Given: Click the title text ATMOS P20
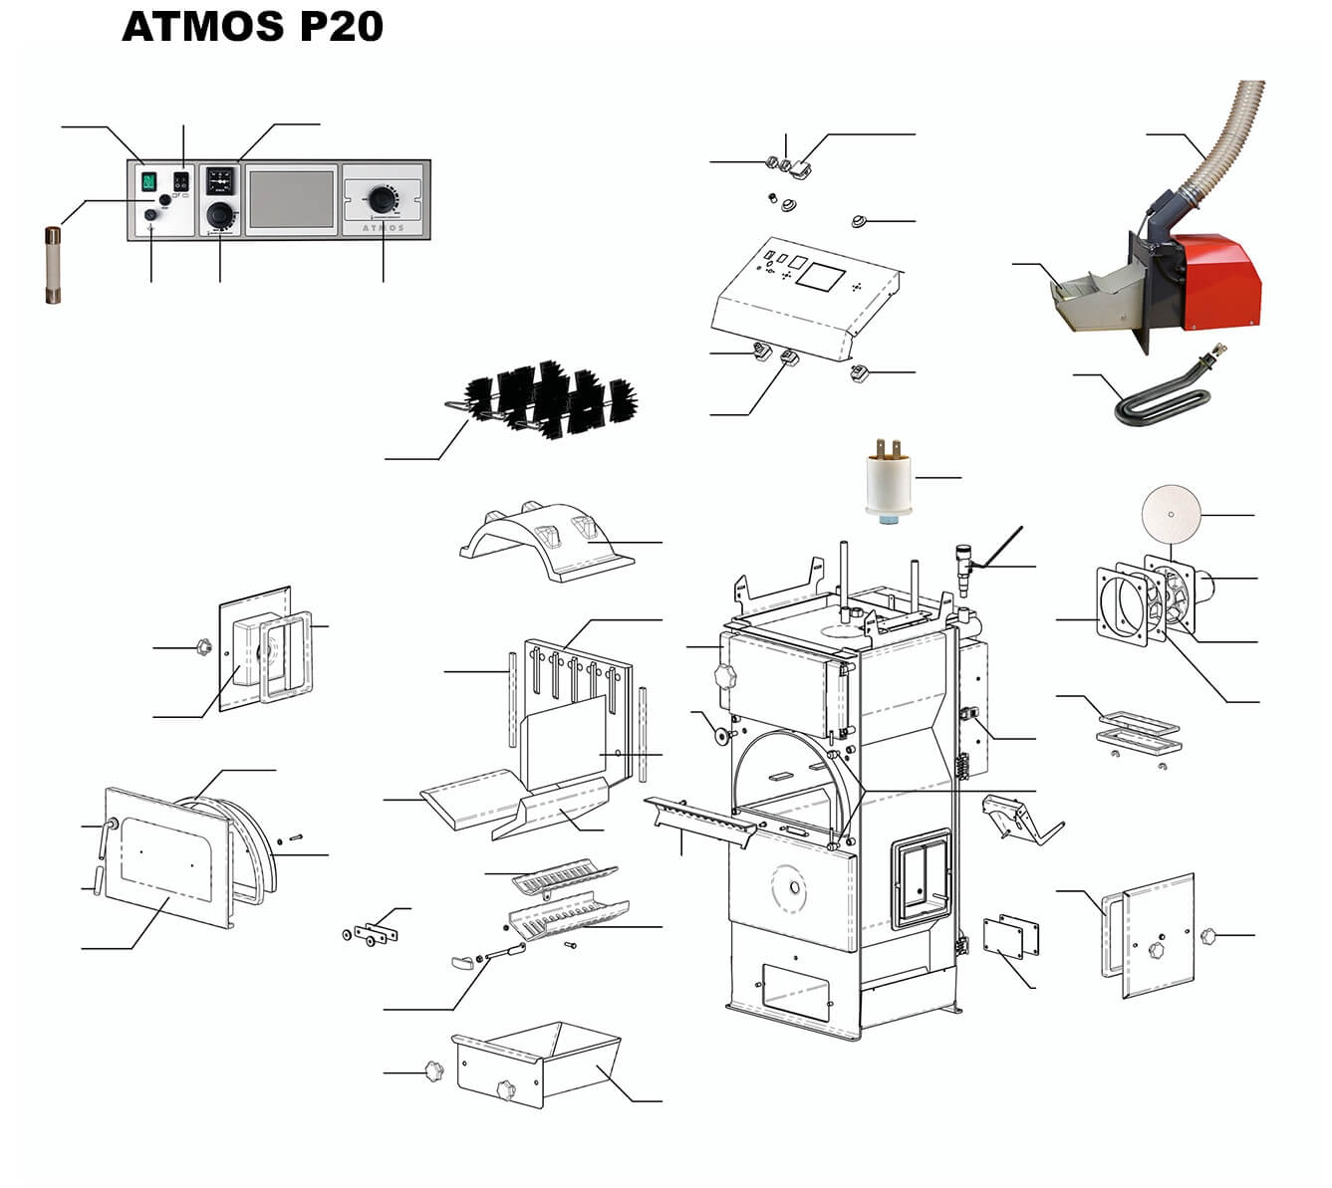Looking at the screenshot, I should click(x=252, y=27).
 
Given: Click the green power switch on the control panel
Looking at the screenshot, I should click(x=149, y=181).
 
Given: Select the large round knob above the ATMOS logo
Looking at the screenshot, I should click(x=381, y=195).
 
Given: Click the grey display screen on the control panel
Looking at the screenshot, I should click(x=290, y=196).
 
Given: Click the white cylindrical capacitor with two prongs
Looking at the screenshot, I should click(x=891, y=482).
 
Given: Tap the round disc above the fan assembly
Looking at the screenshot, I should click(x=1170, y=515).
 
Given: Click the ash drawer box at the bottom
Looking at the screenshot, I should click(x=538, y=1064).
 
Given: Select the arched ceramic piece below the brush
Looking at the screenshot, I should click(x=545, y=545).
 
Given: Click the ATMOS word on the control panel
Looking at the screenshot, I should click(x=382, y=228).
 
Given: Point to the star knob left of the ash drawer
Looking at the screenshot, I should click(x=431, y=1071).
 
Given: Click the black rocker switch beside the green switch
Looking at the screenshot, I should click(x=180, y=181).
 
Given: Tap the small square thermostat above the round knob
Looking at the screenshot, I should click(x=219, y=180).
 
